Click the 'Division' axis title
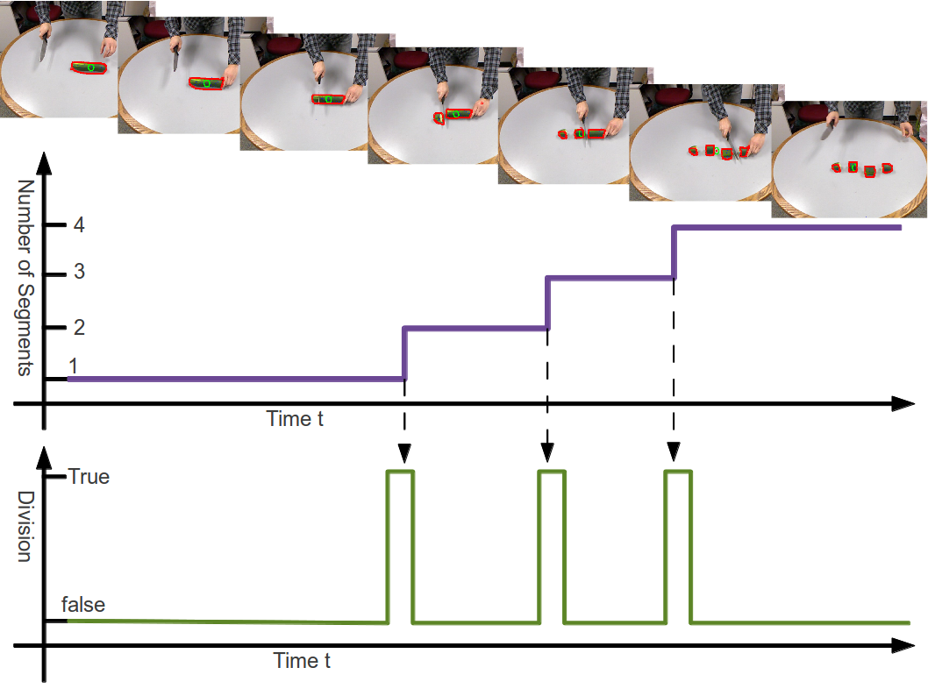point(25,526)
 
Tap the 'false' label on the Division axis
point(82,605)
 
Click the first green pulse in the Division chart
point(400,473)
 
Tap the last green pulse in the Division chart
point(678,473)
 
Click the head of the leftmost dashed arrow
point(403,453)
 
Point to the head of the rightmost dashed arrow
point(673,453)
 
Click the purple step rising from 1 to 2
point(403,353)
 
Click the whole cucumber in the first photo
point(89,67)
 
